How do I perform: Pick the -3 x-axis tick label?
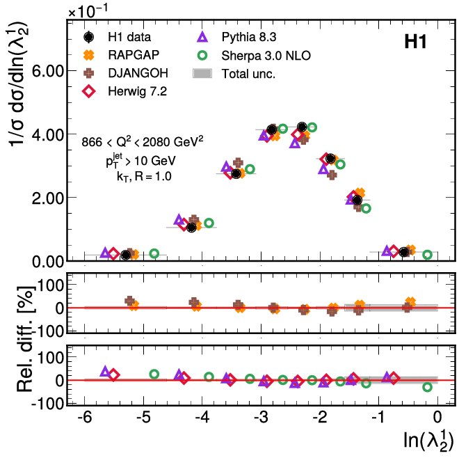tap(260, 418)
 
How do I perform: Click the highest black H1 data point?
tap(302, 127)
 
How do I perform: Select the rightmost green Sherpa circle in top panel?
tap(427, 255)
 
